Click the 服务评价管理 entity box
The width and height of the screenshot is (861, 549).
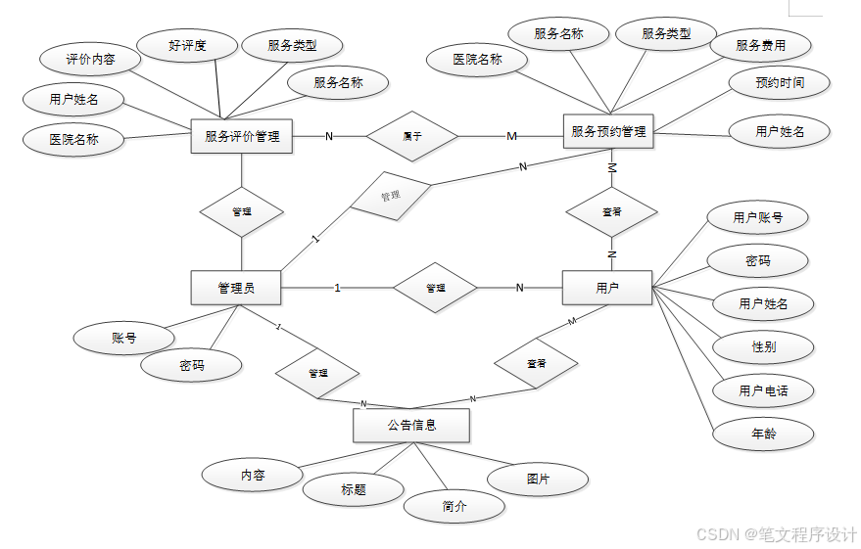[242, 136]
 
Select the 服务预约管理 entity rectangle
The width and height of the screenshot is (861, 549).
[608, 131]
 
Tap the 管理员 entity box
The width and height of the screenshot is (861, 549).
[236, 288]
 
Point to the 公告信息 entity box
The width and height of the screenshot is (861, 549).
[410, 426]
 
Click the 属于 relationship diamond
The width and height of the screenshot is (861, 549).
[412, 136]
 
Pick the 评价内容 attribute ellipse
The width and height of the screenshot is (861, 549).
[90, 60]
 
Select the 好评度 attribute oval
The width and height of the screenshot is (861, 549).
[187, 44]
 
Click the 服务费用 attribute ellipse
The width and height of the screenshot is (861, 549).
[760, 45]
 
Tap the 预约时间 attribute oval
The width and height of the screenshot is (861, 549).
[780, 83]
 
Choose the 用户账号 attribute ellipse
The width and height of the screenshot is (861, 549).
[757, 217]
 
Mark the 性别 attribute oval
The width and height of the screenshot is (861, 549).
[763, 346]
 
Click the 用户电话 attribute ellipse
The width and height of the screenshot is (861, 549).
[763, 390]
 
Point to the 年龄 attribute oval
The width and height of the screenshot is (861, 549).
[763, 434]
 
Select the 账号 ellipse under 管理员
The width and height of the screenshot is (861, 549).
[123, 339]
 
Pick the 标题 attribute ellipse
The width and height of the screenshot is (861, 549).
[354, 489]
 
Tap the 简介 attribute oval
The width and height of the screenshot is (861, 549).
[454, 506]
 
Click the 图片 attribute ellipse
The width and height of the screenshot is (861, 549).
[538, 479]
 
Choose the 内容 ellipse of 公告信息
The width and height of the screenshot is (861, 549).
[253, 475]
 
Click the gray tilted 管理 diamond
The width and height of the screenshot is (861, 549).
[391, 196]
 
